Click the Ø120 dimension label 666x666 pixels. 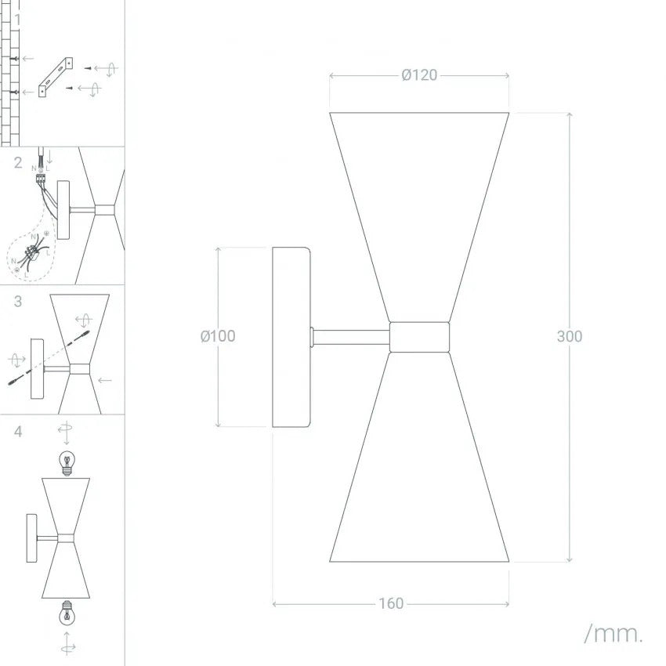[x=419, y=75]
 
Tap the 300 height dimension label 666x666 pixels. [x=569, y=336]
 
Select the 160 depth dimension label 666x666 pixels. [x=391, y=603]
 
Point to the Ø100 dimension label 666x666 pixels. [x=218, y=336]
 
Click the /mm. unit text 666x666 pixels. [x=613, y=634]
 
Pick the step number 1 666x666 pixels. [x=18, y=20]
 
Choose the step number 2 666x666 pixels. [x=18, y=163]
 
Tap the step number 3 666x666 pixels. [x=18, y=301]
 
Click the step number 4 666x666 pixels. [x=18, y=432]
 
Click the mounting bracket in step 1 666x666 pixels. [x=55, y=78]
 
